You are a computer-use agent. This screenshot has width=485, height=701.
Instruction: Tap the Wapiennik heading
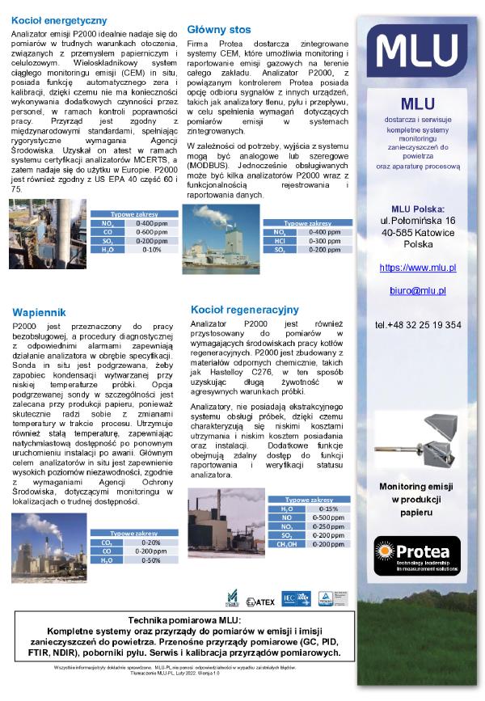(x=37, y=311)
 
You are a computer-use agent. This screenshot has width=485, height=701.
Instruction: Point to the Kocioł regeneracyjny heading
(x=245, y=309)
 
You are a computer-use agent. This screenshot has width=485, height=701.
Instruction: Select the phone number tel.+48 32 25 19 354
(x=417, y=325)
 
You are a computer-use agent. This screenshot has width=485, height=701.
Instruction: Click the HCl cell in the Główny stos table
(x=279, y=241)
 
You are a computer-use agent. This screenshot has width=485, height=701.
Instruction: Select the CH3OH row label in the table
(x=287, y=544)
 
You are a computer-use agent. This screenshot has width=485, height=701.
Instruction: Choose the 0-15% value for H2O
(x=328, y=509)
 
